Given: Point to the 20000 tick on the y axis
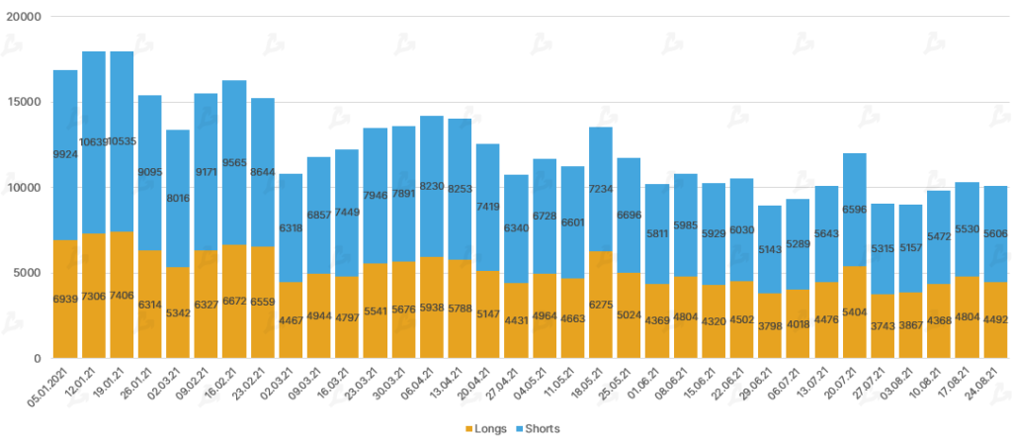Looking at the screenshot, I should tap(23, 18).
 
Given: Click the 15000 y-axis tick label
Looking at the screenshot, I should tap(23, 103).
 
